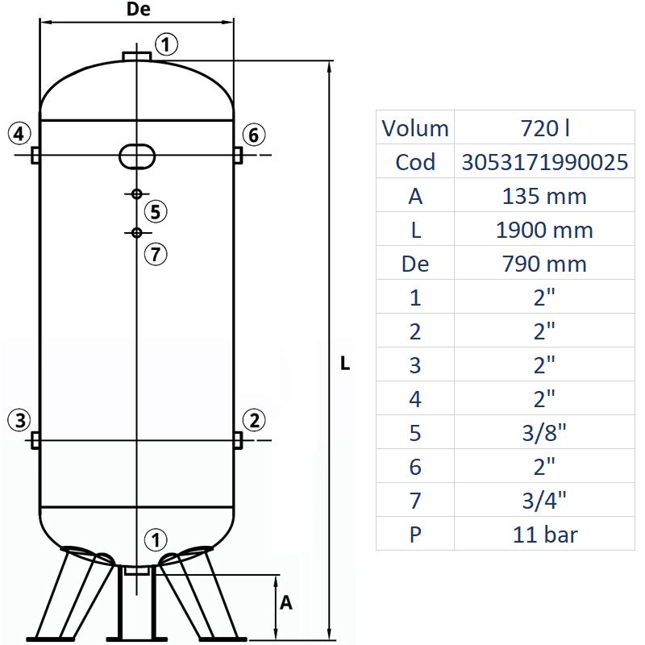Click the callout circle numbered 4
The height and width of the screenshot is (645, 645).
pos(20,133)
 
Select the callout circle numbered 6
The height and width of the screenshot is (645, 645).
pos(253,135)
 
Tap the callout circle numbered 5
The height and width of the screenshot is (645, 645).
pos(156,212)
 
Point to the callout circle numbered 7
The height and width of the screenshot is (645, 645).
pos(156,254)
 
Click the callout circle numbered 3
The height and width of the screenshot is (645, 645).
pos(20,419)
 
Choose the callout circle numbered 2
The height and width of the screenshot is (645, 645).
pos(254,419)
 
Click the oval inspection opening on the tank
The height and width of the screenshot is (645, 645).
pos(137,155)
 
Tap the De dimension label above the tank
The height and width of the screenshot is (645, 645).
pos(139,10)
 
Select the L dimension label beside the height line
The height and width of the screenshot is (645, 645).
pos(345,364)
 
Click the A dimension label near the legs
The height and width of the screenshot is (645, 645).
pos(285,602)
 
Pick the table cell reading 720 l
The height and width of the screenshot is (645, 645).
pos(545,128)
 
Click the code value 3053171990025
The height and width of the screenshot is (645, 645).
pos(545,162)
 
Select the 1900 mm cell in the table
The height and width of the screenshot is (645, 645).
pos(545,230)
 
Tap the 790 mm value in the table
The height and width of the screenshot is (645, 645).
pos(545,264)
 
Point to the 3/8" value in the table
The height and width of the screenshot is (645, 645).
pos(545,433)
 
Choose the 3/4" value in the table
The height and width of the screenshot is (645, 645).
pos(545,501)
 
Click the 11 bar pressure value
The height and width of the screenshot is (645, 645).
pos(545,535)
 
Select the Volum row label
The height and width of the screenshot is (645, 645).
pos(415,128)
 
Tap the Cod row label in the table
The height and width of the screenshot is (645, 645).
pos(415,162)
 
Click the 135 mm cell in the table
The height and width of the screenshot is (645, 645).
pos(545,196)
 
